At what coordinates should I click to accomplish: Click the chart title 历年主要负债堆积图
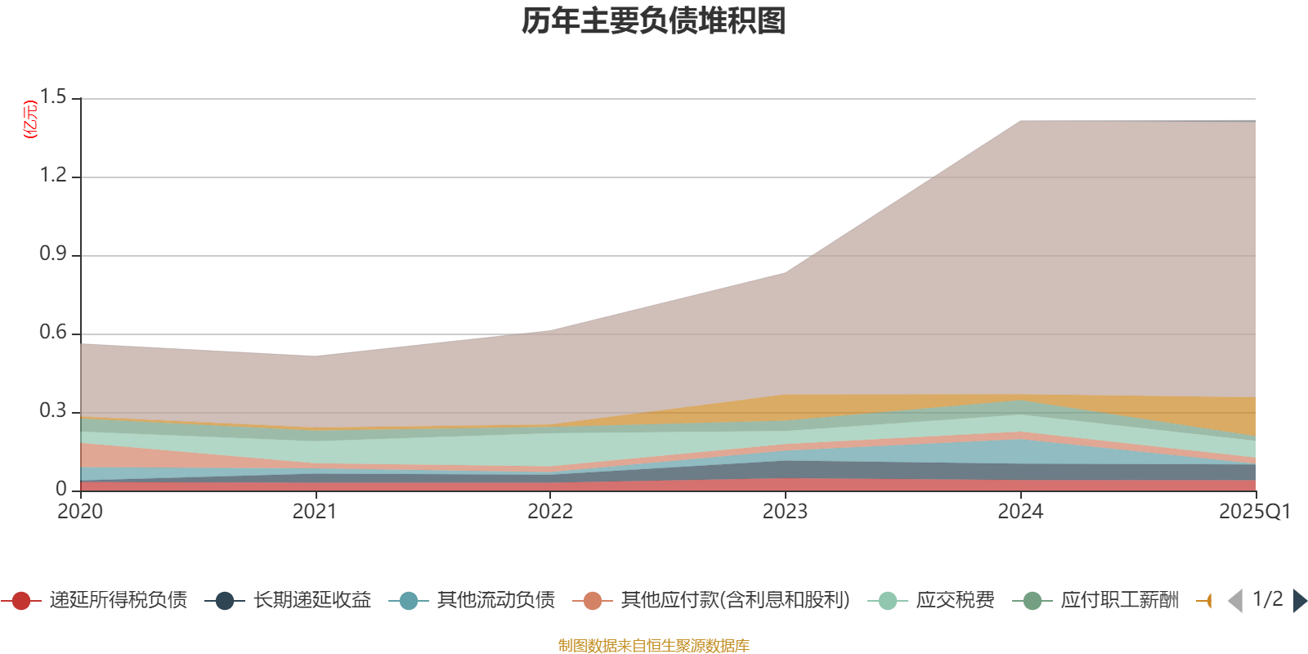coord(654,21)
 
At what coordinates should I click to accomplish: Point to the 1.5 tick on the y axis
coord(54,98)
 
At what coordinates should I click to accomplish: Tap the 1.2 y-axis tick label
coord(54,176)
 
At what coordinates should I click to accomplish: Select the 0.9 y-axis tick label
coord(54,254)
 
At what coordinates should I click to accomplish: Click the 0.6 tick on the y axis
coord(54,333)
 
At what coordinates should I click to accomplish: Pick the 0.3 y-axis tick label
coord(54,411)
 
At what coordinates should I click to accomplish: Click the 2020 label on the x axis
coord(80,512)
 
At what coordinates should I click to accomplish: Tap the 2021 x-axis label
coord(315,512)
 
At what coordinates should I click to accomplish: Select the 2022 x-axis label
coord(549,512)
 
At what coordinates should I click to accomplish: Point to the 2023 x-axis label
coord(785,512)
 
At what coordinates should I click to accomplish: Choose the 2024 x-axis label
coord(1019,512)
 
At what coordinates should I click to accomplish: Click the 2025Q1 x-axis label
coord(1254,512)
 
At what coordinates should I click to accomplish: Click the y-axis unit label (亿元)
coord(30,119)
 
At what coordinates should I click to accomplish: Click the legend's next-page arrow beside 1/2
coord(1299,601)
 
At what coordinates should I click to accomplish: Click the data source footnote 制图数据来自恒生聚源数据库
coord(654,646)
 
